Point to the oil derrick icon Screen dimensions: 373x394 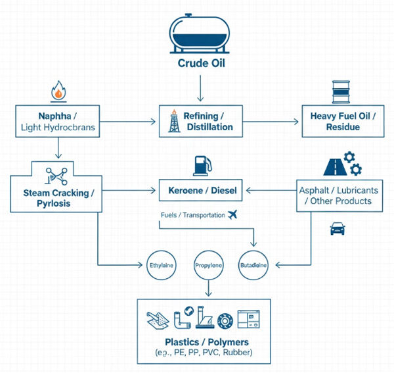(173, 119)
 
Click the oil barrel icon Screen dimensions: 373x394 (342, 90)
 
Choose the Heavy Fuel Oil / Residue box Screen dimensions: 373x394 (343, 120)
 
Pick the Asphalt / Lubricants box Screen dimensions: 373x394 (339, 195)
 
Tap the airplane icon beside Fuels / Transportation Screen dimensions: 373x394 (230, 214)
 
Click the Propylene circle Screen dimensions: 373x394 (209, 266)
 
